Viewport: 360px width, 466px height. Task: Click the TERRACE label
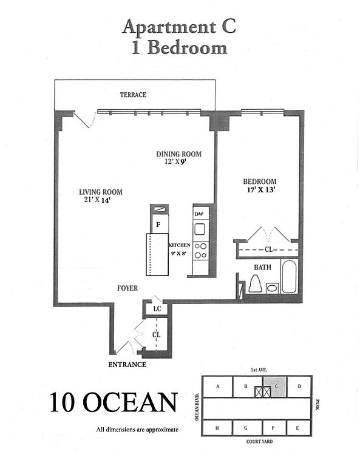133,95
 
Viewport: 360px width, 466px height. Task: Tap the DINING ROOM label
178,154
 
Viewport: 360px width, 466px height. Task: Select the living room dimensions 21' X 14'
97,200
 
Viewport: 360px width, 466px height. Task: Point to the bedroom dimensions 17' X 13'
260,189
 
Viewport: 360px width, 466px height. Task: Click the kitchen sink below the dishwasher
200,229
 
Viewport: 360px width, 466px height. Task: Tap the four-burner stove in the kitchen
201,251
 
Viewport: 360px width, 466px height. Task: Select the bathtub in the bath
289,276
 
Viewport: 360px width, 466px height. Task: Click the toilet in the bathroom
255,283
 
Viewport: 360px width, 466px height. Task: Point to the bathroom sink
272,288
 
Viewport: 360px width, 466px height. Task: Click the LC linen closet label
157,308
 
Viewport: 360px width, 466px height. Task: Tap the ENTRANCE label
127,364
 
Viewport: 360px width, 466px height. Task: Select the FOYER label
127,288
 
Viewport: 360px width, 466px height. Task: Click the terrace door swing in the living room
86,120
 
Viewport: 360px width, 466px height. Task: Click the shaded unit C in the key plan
275,387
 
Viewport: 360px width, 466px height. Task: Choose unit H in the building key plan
217,428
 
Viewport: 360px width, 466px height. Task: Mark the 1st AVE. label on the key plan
259,370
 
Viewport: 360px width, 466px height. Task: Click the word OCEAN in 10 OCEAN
130,402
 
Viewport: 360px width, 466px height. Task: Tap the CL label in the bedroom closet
269,249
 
